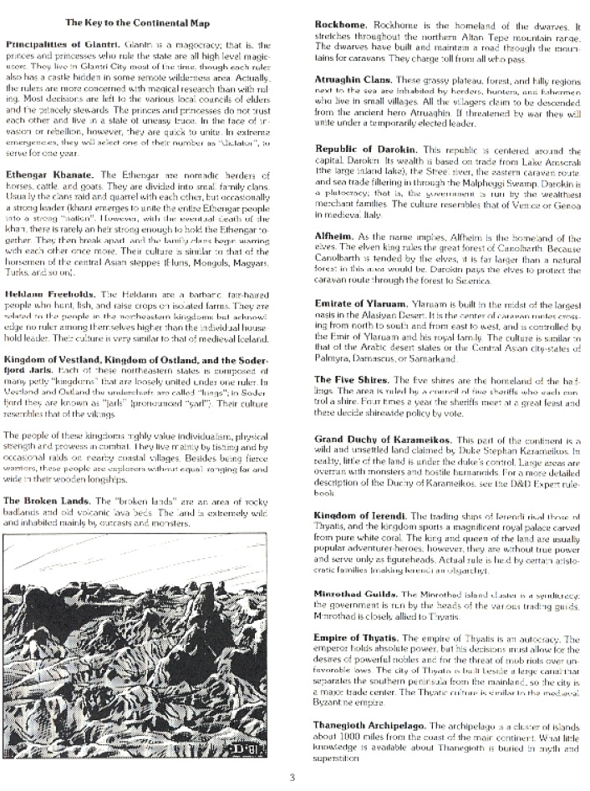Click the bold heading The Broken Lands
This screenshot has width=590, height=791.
[x=48, y=499]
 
